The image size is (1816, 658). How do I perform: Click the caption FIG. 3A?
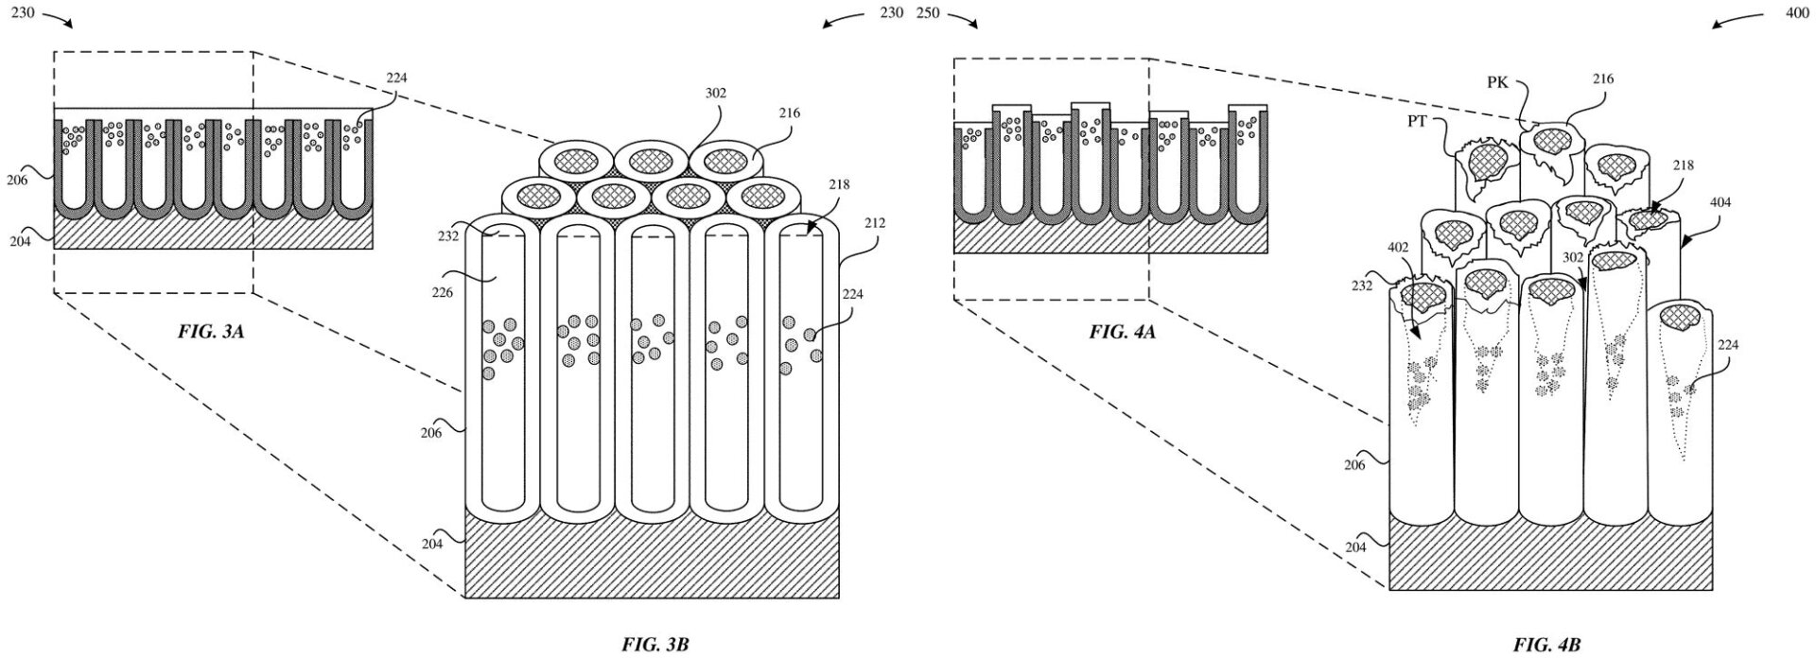pyautogui.click(x=213, y=332)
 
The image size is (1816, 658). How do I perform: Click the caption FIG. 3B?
pyautogui.click(x=655, y=645)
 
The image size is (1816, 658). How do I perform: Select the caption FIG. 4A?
pyautogui.click(x=1122, y=332)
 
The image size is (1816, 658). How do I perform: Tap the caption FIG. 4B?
pyautogui.click(x=1546, y=645)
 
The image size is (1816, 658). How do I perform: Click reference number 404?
pyautogui.click(x=1721, y=201)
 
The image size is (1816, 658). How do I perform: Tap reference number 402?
pyautogui.click(x=1399, y=248)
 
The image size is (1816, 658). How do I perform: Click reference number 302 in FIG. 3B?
pyautogui.click(x=716, y=94)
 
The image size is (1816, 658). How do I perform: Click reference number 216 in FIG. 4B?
pyautogui.click(x=1602, y=79)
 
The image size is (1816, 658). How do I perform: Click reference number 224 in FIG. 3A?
pyautogui.click(x=397, y=79)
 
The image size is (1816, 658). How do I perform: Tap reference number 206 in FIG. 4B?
pyautogui.click(x=1354, y=465)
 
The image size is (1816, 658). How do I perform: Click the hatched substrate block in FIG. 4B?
pyautogui.click(x=1551, y=553)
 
